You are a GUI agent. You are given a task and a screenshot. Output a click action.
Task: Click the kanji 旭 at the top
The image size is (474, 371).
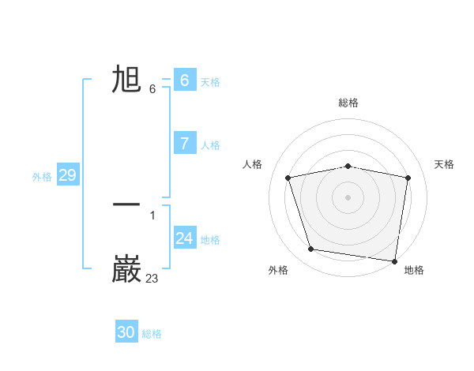(x=126, y=80)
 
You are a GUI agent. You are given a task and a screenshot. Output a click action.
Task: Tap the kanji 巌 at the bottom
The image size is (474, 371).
(x=126, y=269)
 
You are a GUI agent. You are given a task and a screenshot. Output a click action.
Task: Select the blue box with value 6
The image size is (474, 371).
(x=184, y=80)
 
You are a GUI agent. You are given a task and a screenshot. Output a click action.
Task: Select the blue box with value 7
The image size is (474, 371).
(x=184, y=143)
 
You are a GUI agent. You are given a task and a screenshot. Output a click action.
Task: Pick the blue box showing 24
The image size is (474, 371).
(x=184, y=238)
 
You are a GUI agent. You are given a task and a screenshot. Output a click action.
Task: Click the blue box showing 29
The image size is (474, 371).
(x=67, y=175)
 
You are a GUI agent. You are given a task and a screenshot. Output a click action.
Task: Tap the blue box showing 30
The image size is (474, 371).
(x=126, y=332)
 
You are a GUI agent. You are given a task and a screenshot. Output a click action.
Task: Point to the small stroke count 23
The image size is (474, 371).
(x=152, y=278)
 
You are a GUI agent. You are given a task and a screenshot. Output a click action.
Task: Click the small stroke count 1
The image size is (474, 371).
(x=152, y=215)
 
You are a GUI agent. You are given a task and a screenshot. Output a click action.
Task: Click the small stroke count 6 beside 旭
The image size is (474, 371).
(x=152, y=88)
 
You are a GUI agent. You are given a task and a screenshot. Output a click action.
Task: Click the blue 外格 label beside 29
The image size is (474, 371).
(x=42, y=177)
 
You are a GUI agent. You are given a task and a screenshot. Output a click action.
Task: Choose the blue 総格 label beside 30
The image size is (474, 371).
(x=152, y=334)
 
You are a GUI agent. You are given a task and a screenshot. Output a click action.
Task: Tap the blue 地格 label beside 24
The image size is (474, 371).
(x=210, y=240)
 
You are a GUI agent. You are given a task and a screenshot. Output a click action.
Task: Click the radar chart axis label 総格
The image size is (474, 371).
(x=348, y=103)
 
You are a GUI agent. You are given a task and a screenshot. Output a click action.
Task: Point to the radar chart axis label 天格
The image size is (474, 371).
(x=444, y=164)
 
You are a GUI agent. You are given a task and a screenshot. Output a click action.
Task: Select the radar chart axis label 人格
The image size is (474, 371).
(x=253, y=164)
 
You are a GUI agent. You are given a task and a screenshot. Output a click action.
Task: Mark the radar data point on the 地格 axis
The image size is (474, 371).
(x=394, y=260)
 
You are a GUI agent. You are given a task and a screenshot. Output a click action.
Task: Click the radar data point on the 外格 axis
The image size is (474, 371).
(x=311, y=249)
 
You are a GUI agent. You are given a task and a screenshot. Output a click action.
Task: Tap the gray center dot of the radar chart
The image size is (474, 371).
(x=348, y=197)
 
